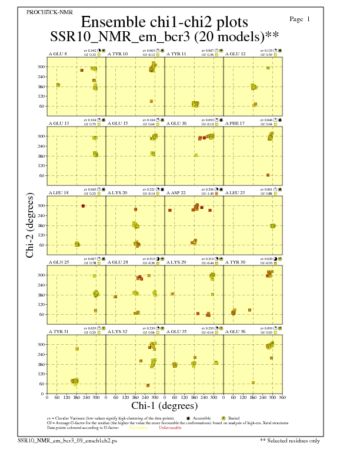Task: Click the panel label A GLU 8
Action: (57, 54)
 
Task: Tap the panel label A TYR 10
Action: (118, 54)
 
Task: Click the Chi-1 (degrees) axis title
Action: (164, 406)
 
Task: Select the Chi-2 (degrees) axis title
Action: (30, 225)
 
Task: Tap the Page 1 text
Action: (300, 19)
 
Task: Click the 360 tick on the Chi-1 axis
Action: (282, 398)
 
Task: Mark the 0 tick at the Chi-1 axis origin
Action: (47, 398)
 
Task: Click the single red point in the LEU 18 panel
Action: (83, 206)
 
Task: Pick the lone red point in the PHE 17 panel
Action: (268, 175)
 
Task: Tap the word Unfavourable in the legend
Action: (170, 428)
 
